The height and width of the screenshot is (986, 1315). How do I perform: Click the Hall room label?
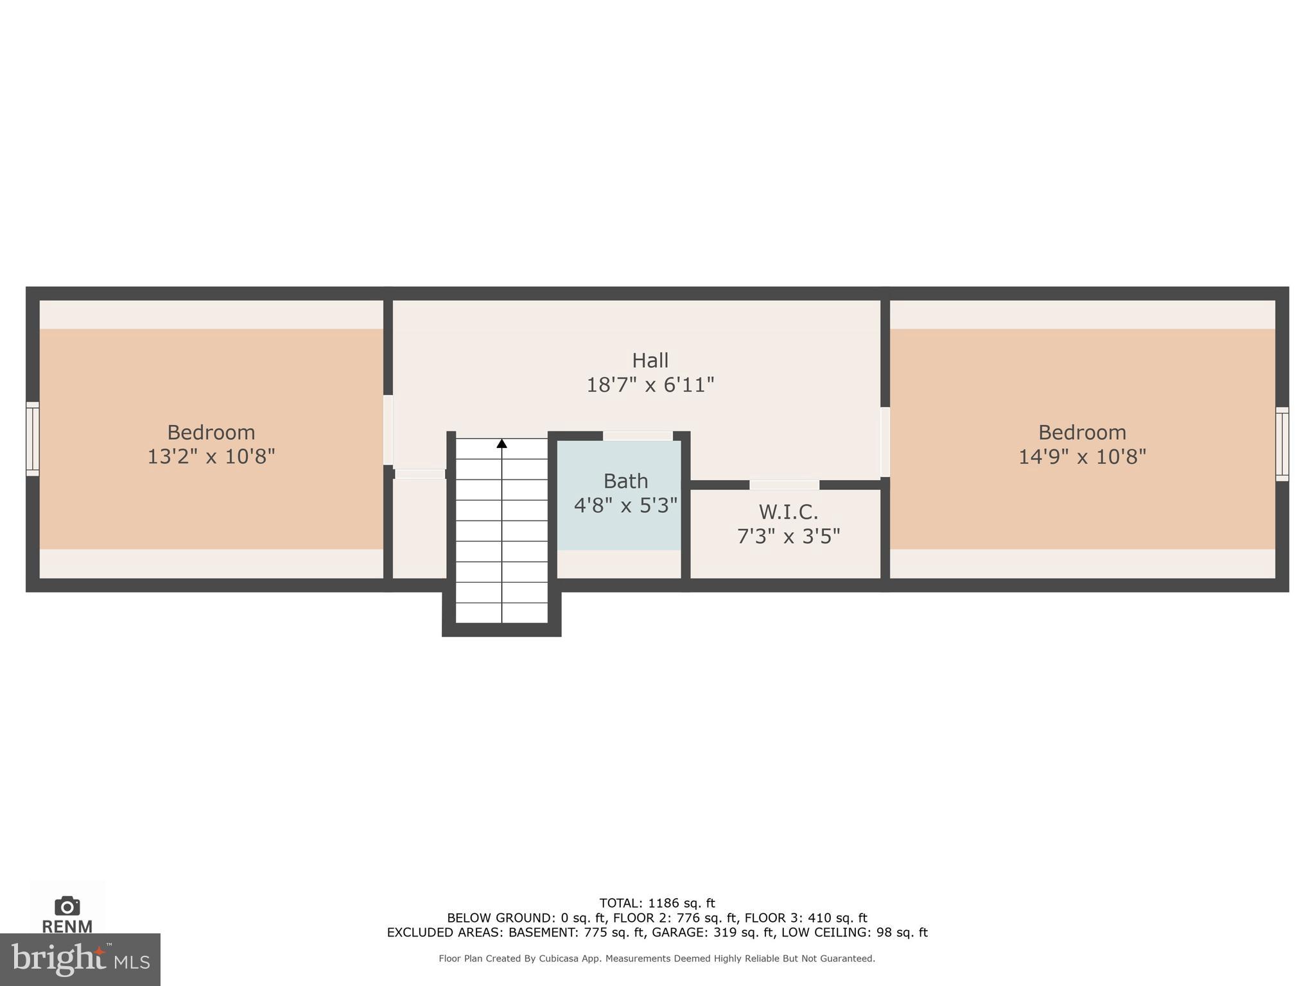[x=650, y=361]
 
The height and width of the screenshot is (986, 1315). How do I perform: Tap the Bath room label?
[x=625, y=481]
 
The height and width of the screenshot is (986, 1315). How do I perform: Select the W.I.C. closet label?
[x=788, y=512]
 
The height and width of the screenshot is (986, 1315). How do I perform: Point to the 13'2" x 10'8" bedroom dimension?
[x=211, y=456]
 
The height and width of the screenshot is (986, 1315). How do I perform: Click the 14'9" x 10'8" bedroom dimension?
[x=1082, y=456]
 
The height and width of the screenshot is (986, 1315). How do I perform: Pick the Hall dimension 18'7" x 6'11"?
[x=650, y=385]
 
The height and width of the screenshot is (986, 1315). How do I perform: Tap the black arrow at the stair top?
[x=501, y=444]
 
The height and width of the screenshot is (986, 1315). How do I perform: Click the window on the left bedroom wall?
[x=32, y=439]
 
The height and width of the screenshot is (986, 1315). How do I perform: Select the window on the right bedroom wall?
[x=1282, y=444]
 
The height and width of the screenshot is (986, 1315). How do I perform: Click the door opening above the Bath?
[x=638, y=436]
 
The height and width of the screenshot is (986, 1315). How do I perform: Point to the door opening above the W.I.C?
[x=784, y=485]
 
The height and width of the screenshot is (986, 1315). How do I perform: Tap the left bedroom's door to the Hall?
[x=388, y=429]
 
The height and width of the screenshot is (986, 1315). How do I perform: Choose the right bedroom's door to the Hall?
[x=885, y=442]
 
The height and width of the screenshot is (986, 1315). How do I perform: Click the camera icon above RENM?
[x=67, y=906]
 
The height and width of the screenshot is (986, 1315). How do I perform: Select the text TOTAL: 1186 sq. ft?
[x=657, y=903]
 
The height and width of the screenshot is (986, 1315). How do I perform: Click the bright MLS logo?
[x=80, y=959]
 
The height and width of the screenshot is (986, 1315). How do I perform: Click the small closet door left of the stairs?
[x=419, y=474]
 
